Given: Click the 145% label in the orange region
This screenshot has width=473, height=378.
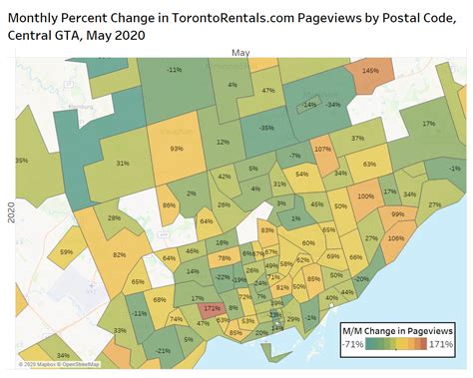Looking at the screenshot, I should pyautogui.click(x=370, y=71).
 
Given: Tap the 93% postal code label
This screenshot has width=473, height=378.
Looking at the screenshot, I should pyautogui.click(x=177, y=149).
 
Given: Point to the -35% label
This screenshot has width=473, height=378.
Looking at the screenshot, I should pyautogui.click(x=265, y=128).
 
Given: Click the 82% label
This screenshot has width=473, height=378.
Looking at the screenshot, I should pyautogui.click(x=120, y=255).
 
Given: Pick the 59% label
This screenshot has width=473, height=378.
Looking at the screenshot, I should pyautogui.click(x=67, y=252).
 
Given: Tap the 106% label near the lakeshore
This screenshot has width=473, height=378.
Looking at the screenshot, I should pyautogui.click(x=396, y=238).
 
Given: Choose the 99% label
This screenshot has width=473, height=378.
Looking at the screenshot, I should pyautogui.click(x=398, y=213).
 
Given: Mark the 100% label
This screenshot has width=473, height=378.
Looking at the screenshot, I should pyautogui.click(x=366, y=196).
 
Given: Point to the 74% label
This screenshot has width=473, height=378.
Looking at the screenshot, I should pyautogui.click(x=176, y=319).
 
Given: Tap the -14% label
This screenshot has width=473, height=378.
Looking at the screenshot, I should pyautogui.click(x=308, y=104).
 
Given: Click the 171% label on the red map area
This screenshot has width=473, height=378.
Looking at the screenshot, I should pyautogui.click(x=210, y=309).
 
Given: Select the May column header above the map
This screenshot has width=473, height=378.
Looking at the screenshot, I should pyautogui.click(x=240, y=52).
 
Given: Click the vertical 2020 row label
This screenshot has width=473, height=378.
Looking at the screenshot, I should pyautogui.click(x=10, y=211).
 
